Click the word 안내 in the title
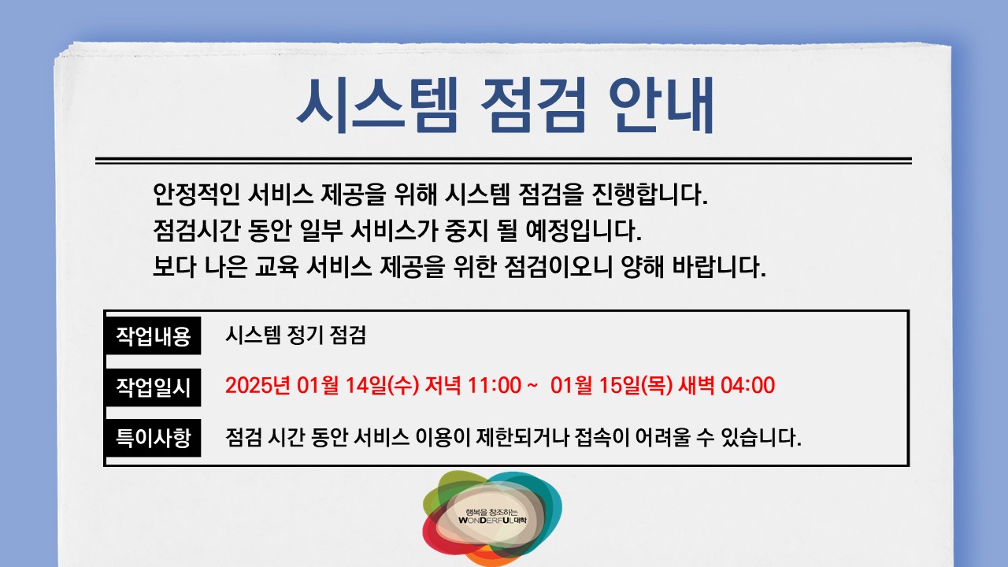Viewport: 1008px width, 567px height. [x=661, y=106]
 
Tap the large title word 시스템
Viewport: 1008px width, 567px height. [x=377, y=106]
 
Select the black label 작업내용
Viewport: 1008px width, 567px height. [x=153, y=335]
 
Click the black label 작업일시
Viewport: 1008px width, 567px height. [x=153, y=387]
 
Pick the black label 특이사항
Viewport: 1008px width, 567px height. [x=153, y=437]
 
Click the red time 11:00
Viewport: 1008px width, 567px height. [x=494, y=386]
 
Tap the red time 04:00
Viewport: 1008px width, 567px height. [x=747, y=386]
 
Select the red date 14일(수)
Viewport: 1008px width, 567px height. [x=382, y=386]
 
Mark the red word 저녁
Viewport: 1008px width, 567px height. [x=443, y=386]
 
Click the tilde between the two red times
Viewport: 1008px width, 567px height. [x=532, y=386]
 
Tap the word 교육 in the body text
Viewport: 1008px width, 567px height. [x=276, y=266]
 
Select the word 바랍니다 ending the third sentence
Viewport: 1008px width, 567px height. [x=719, y=266]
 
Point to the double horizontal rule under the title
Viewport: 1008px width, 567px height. [x=503, y=161]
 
